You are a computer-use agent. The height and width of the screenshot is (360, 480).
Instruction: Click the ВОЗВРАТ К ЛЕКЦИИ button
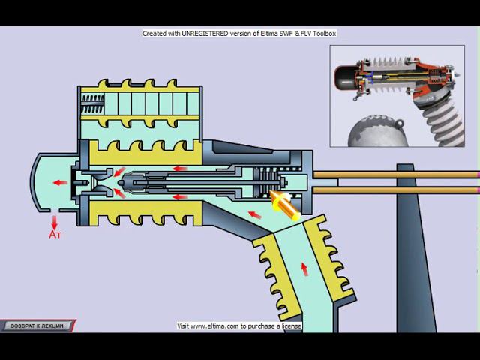click(37, 325)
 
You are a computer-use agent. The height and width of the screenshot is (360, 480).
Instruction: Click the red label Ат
click(55, 235)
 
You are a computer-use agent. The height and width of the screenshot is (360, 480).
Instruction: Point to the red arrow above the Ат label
click(55, 223)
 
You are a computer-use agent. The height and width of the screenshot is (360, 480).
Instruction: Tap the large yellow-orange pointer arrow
click(284, 205)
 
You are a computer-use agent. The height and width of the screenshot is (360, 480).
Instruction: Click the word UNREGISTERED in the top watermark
click(205, 33)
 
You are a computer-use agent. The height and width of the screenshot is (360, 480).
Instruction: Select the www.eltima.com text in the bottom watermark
click(216, 326)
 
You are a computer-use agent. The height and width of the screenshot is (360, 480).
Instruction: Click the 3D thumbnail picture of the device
click(397, 96)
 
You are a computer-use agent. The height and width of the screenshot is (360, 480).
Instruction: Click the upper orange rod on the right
click(395, 175)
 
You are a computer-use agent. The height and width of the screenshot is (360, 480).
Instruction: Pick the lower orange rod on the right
click(395, 190)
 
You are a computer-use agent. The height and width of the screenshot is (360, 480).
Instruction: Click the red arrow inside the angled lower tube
click(304, 269)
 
